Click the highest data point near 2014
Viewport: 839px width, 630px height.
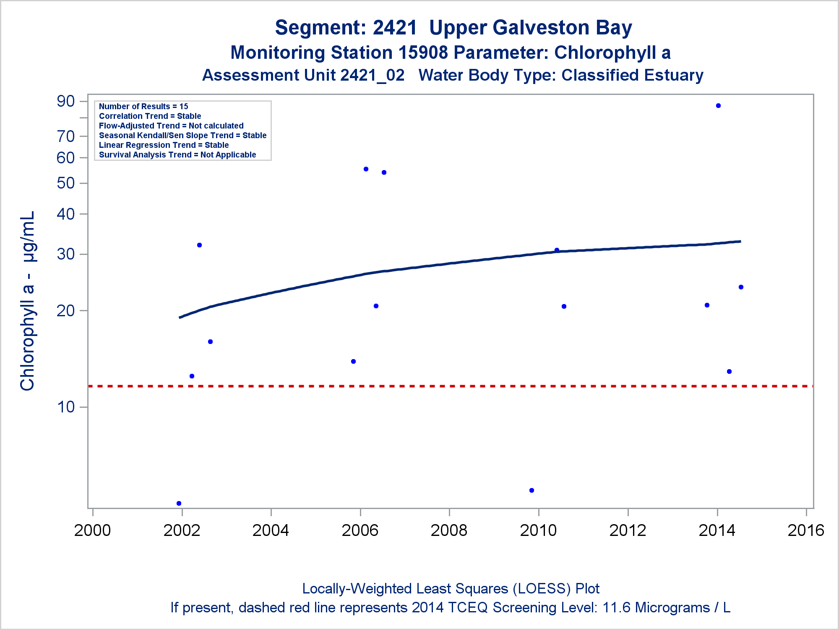tap(718, 106)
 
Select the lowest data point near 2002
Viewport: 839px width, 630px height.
tap(179, 503)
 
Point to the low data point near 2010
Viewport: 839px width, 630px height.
tap(532, 490)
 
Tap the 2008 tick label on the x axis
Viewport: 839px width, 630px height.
tap(449, 530)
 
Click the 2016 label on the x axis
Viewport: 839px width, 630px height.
tap(805, 530)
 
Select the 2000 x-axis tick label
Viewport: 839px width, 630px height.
tap(92, 530)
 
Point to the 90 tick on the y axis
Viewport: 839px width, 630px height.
tap(66, 101)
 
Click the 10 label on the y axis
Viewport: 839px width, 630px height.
tap(66, 407)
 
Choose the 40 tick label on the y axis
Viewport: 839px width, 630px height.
tap(66, 214)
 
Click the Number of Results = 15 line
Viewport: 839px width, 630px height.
tap(143, 107)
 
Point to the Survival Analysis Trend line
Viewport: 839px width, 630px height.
tap(177, 155)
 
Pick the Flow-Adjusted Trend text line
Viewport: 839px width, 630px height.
tap(171, 126)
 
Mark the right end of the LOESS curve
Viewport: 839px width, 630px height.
tap(740, 241)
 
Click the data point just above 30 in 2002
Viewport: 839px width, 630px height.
tap(199, 245)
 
